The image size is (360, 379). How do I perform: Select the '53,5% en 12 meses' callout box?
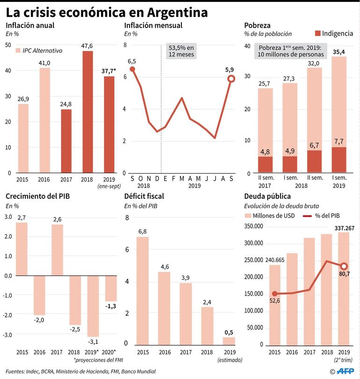click(181, 51)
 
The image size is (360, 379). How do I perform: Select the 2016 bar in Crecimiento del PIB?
click(40, 295)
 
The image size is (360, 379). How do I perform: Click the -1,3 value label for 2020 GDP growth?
click(111, 306)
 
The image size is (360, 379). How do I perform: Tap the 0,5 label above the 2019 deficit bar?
click(229, 332)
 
